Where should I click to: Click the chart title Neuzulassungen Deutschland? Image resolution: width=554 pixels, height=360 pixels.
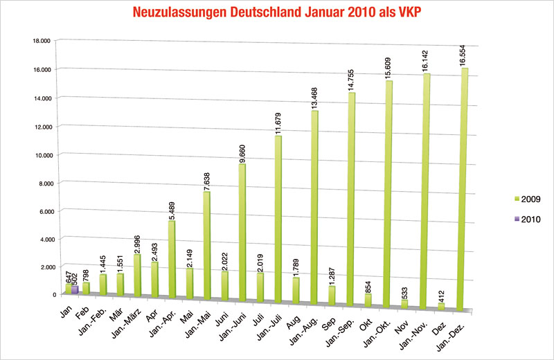[276, 12]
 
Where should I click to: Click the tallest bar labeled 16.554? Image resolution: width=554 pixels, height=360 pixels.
[465, 187]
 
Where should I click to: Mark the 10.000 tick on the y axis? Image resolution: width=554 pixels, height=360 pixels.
[41, 154]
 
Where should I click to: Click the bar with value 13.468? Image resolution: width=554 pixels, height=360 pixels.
[314, 208]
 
